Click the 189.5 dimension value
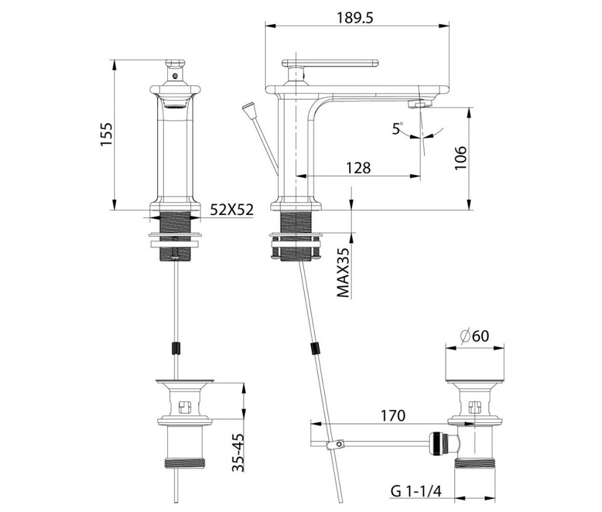click(x=355, y=18)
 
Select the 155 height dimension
click(x=106, y=134)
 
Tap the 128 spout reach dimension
click(x=359, y=168)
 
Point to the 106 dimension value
click(x=460, y=158)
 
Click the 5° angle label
click(x=397, y=128)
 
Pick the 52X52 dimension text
click(x=232, y=210)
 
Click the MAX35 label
click(x=343, y=272)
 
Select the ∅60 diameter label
click(x=474, y=336)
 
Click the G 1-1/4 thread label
click(x=416, y=490)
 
